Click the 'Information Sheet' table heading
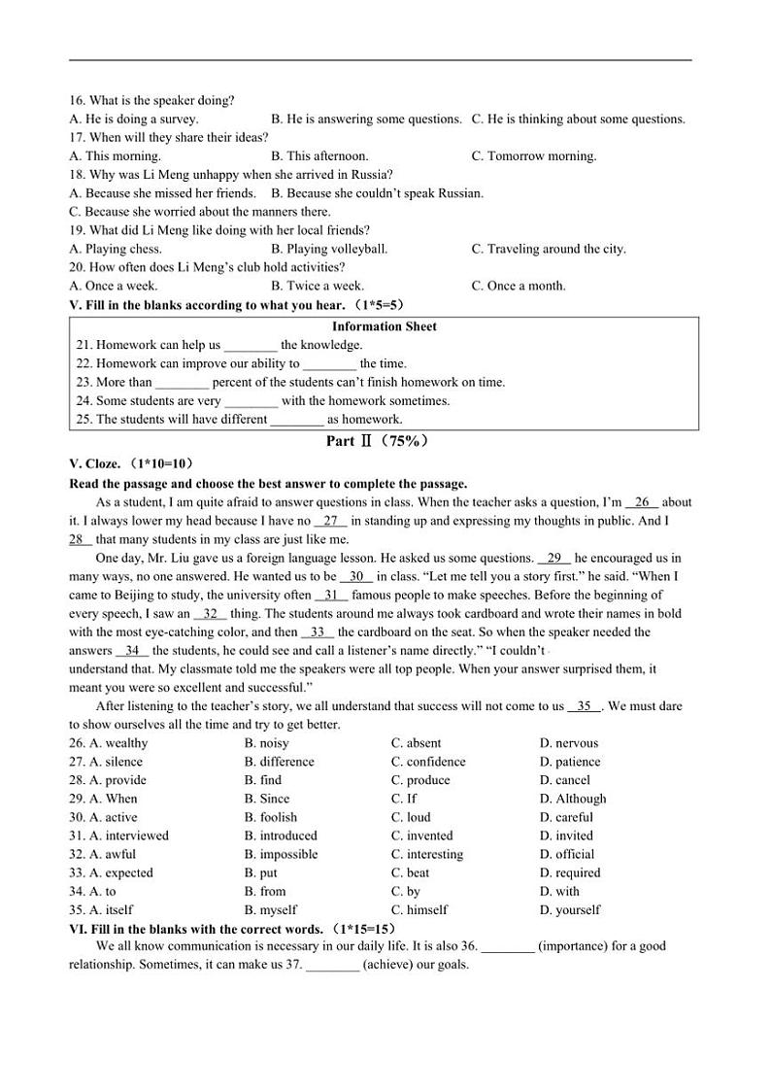click(384, 326)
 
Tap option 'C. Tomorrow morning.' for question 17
click(534, 155)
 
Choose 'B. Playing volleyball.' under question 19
click(329, 249)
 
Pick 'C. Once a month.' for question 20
click(519, 286)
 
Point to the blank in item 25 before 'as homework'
click(297, 419)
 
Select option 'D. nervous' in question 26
click(569, 743)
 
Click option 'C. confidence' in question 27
click(428, 762)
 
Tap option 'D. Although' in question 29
click(573, 799)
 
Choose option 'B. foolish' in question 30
click(271, 817)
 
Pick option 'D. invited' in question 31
click(566, 836)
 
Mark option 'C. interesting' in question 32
click(427, 854)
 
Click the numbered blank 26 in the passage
click(642, 502)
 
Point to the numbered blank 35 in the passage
click(585, 706)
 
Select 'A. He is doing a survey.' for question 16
click(134, 119)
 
